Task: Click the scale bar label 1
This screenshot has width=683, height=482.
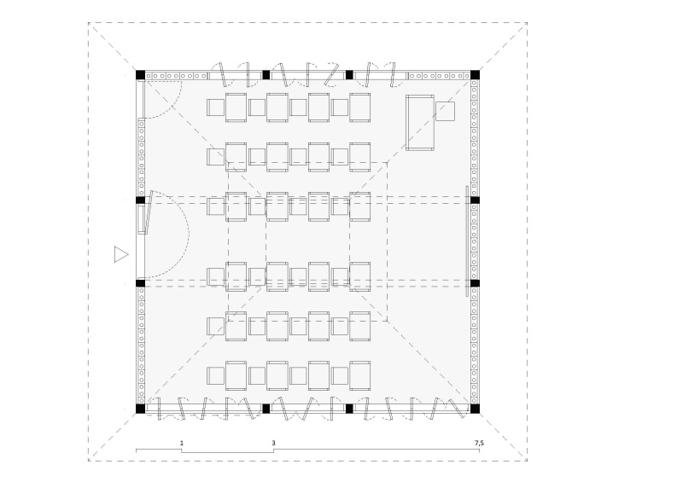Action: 182,443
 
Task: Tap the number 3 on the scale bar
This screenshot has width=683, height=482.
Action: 273,443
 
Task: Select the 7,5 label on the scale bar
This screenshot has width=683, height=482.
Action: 479,443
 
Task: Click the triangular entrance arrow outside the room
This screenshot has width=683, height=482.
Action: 120,254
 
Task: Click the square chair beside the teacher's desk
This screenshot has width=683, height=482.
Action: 446,112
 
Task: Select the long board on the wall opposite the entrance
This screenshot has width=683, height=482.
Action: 468,241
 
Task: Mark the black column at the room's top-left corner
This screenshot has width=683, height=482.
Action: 141,75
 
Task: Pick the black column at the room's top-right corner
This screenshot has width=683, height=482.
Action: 475,75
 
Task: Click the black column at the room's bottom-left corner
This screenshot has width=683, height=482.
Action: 141,409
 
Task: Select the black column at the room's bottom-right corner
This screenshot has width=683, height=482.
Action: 475,409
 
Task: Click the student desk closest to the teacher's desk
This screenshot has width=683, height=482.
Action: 360,107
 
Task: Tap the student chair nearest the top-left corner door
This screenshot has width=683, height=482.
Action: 215,107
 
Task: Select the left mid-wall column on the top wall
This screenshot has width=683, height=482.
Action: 266,75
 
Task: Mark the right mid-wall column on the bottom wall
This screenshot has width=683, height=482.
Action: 348,409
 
